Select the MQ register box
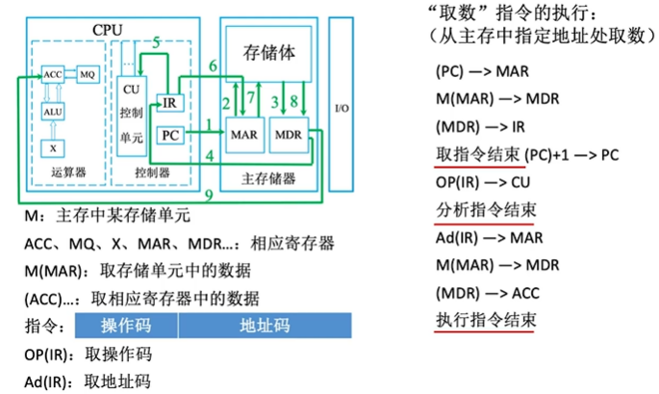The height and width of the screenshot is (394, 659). click(86, 73)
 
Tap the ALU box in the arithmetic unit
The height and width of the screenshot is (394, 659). click(53, 112)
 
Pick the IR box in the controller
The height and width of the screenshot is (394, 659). click(169, 103)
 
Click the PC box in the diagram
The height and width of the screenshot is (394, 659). click(168, 135)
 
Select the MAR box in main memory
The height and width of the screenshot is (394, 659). click(241, 136)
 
